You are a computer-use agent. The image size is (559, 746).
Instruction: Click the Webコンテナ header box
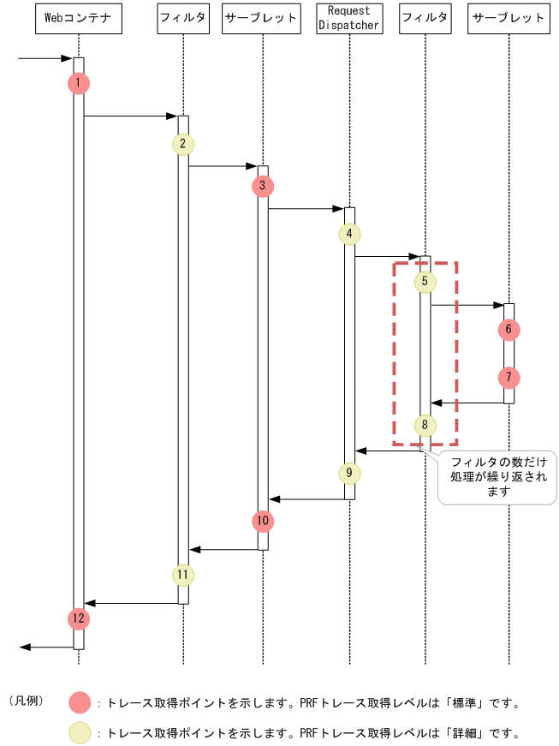78,18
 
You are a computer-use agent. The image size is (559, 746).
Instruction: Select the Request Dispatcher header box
349,18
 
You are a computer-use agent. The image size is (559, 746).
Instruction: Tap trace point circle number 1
78,83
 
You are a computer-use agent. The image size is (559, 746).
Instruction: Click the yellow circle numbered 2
183,143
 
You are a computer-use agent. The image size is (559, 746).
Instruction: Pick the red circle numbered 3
263,186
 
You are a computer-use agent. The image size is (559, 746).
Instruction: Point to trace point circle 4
349,234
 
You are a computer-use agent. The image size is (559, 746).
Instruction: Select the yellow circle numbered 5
425,281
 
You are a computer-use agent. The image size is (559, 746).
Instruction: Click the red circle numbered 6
508,329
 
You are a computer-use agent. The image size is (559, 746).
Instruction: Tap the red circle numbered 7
508,377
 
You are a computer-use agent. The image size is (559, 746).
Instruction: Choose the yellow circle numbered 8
425,424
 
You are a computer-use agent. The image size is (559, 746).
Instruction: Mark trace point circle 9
349,473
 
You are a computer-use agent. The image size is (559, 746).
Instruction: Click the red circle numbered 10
263,521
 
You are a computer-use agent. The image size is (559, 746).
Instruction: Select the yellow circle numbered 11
183,574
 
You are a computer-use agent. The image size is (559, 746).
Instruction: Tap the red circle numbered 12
78,618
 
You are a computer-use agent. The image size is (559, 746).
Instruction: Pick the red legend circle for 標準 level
81,703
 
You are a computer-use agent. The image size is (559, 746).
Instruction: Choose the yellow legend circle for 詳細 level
81,733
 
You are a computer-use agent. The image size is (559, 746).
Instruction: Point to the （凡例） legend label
27,701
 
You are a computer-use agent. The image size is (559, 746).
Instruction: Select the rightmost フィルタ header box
425,18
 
